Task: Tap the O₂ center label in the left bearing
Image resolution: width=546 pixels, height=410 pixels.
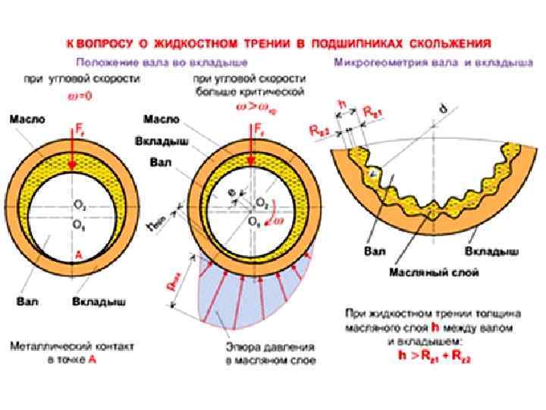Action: (78, 205)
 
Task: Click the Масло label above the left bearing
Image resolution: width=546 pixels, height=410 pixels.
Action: (27, 120)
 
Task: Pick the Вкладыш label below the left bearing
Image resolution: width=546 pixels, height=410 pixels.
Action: (99, 301)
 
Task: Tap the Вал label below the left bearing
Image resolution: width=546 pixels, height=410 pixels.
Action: (27, 301)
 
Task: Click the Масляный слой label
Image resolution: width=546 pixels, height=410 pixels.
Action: (422, 271)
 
